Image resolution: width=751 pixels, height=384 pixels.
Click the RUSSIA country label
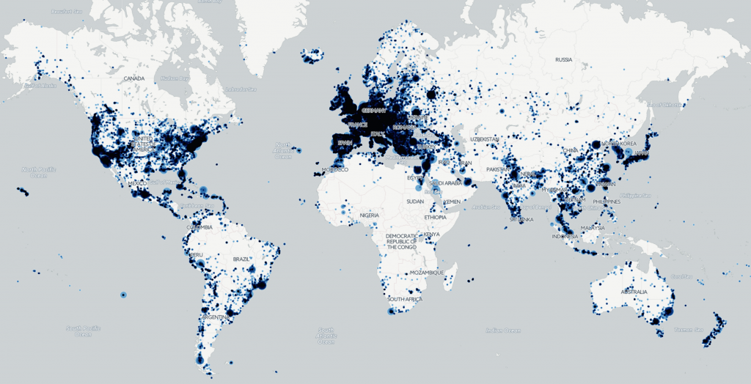(563, 59)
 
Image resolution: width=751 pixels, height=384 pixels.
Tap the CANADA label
(134, 78)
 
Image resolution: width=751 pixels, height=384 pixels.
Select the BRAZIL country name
(241, 259)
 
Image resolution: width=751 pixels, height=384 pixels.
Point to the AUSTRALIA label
(634, 292)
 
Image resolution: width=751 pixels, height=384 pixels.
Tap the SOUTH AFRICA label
(405, 299)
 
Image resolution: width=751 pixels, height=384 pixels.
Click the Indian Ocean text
(503, 331)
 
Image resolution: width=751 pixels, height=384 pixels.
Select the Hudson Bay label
(175, 78)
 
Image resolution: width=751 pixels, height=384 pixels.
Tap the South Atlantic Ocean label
(325, 336)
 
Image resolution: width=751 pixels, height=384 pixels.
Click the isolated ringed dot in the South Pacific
(123, 295)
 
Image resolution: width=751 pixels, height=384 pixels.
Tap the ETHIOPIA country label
(435, 218)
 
